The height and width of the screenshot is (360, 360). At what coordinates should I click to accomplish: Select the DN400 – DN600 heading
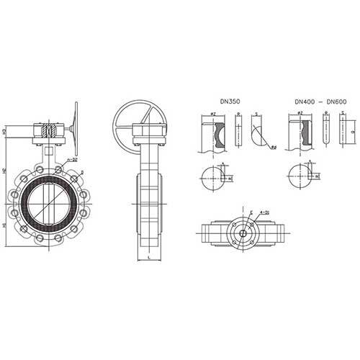click(320, 103)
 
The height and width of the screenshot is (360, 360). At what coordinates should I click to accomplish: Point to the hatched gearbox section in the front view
click(49, 132)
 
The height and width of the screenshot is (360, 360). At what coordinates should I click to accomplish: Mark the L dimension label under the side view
click(147, 256)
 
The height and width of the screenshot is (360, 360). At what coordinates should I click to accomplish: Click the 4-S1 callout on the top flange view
click(266, 212)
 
